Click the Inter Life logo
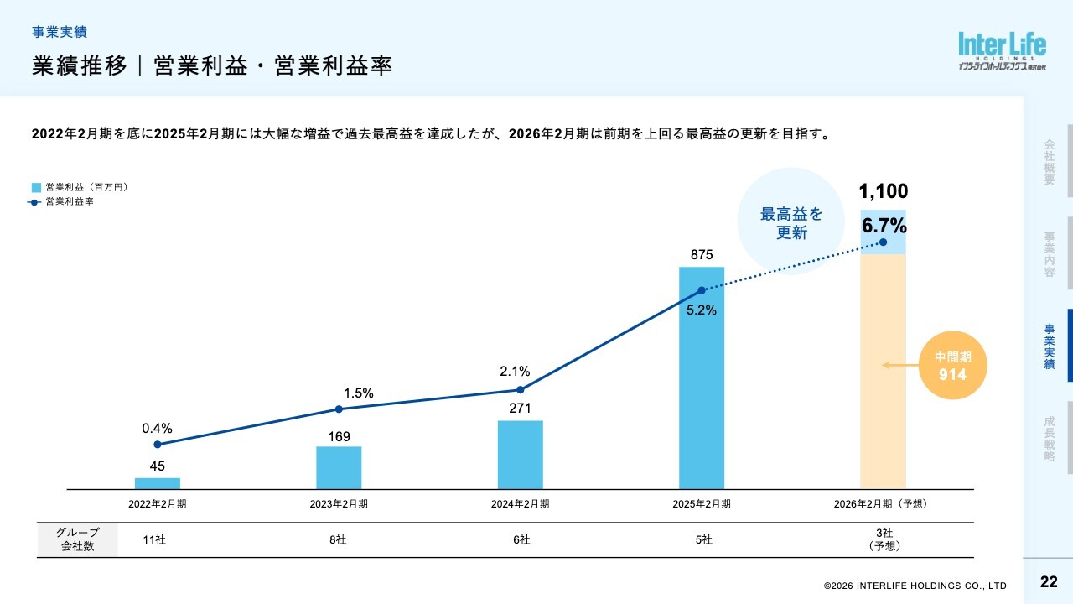coord(1002,51)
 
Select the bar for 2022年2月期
coord(158,483)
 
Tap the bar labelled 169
coord(339,467)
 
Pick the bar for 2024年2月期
coord(520,455)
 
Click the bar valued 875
coord(701,377)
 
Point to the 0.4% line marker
coord(158,445)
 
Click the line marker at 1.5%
coord(339,409)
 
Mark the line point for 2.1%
coord(520,389)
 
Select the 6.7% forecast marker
coord(883,242)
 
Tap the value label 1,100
coord(884,191)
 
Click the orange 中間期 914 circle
coord(952,367)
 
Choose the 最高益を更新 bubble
coord(790,221)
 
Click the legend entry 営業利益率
coord(69,202)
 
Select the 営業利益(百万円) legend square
coord(36,187)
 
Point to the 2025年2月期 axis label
coord(701,504)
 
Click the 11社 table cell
coord(155,540)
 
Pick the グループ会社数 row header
coord(77,539)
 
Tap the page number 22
coord(1048,582)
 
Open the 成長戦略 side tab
coord(1050,439)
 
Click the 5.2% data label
coord(701,310)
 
